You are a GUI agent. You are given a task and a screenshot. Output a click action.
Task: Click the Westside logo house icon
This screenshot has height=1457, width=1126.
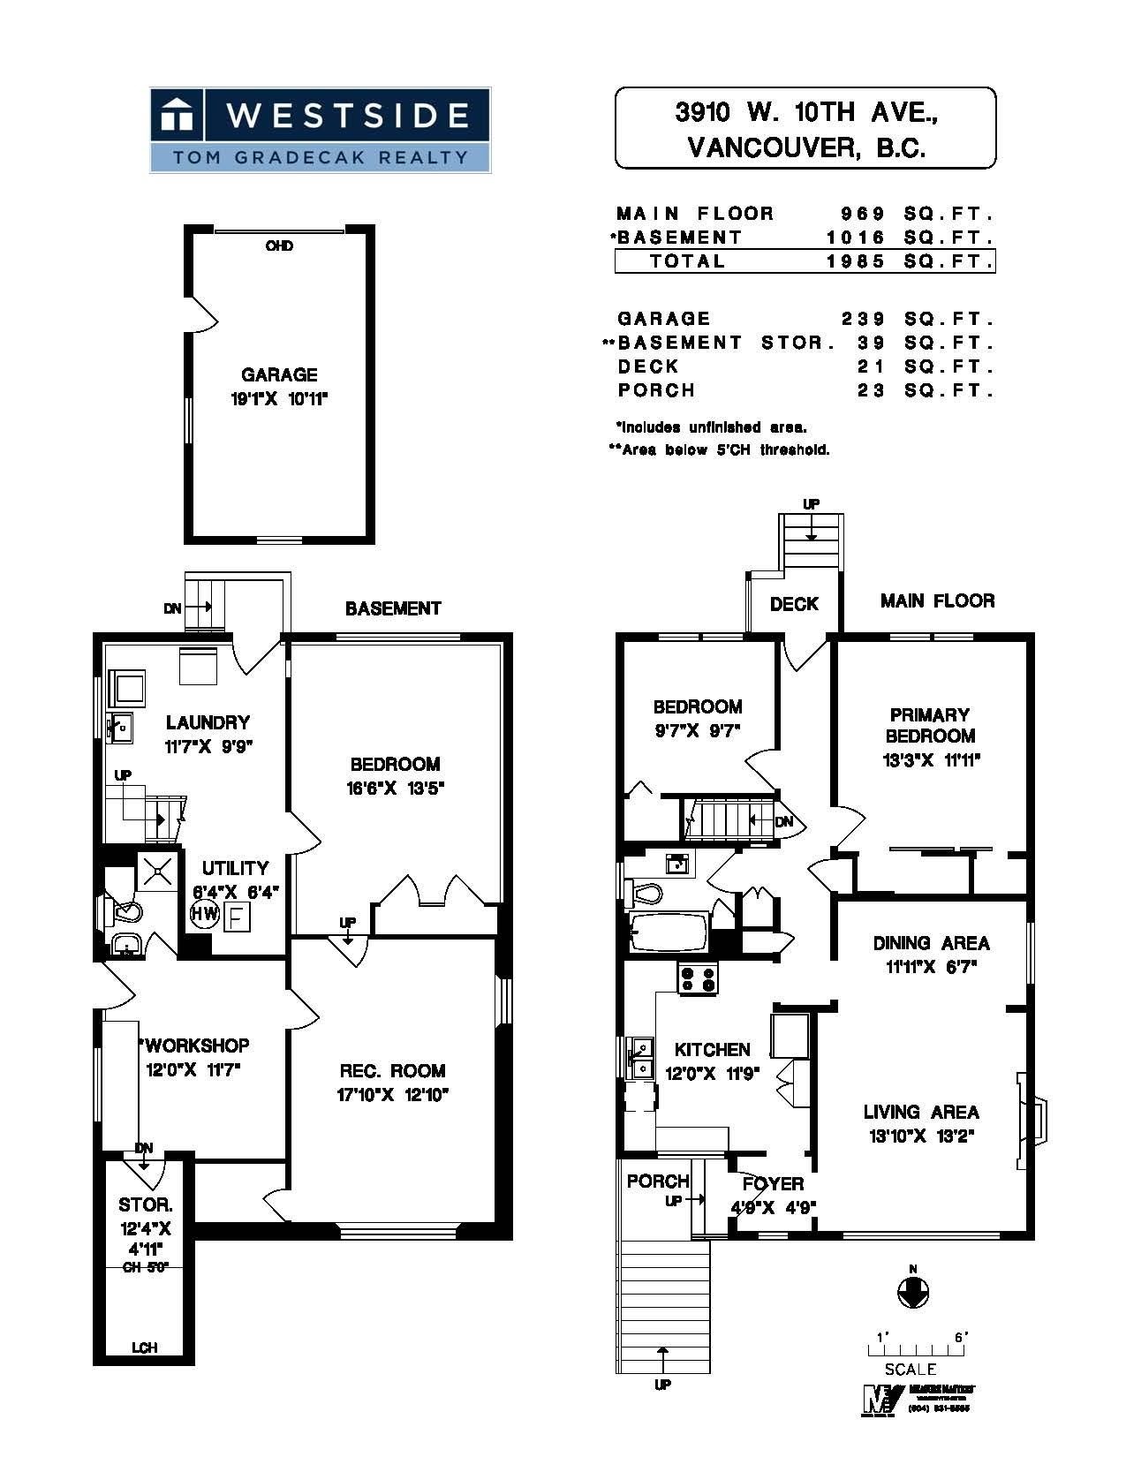(178, 116)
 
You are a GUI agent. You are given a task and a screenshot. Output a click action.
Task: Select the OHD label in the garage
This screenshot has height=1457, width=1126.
(279, 245)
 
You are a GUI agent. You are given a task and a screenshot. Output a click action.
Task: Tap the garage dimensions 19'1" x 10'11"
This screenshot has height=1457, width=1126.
(279, 399)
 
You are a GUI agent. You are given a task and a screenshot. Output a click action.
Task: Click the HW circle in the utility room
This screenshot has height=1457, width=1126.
(205, 914)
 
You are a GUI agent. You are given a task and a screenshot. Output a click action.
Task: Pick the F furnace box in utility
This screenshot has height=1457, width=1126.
(237, 917)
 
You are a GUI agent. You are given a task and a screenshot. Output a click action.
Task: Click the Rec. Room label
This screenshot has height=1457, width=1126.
(393, 1071)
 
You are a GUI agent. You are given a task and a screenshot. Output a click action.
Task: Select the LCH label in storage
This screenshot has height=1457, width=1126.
(145, 1348)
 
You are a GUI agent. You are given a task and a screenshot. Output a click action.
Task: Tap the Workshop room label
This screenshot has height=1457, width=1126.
(195, 1046)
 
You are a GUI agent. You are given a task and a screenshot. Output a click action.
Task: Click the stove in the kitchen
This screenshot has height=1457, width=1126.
(698, 978)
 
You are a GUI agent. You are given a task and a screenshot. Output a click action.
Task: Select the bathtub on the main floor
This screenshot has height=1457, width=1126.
(669, 932)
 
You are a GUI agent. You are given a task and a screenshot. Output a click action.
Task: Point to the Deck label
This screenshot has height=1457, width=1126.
(794, 604)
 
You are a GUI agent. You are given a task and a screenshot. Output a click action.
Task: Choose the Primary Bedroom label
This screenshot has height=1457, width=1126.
(930, 725)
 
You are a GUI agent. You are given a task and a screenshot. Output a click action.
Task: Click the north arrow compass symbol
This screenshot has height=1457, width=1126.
(912, 1295)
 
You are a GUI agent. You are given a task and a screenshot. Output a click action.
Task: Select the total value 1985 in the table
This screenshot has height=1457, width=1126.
(855, 261)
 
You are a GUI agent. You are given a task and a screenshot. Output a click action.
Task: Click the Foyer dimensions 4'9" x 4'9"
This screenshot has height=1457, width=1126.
(773, 1207)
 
